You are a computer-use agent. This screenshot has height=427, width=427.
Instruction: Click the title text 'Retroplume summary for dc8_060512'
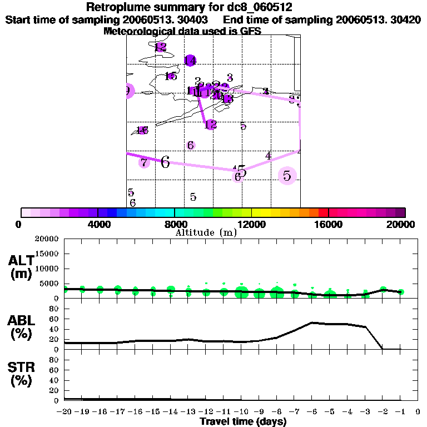[190, 8]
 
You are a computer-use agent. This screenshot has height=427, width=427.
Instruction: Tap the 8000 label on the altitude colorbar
[175, 225]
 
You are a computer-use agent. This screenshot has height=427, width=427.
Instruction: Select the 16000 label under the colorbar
[328, 225]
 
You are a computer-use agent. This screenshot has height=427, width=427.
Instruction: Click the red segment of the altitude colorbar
[323, 212]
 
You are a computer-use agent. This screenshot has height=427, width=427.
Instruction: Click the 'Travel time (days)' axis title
[243, 421]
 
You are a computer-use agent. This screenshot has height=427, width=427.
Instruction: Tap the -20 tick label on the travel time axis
[64, 411]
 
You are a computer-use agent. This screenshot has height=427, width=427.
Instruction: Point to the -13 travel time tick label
[188, 411]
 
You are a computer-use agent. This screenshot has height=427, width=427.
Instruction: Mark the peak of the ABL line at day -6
[312, 322]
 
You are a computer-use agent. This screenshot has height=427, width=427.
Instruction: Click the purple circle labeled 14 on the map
[190, 60]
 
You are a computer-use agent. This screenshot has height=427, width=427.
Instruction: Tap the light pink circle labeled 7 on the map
[144, 162]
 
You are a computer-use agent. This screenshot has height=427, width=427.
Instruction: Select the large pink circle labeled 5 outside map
[287, 176]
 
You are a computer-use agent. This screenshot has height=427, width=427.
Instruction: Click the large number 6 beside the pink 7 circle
[165, 162]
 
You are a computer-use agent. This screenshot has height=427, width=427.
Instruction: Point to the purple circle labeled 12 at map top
[161, 47]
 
